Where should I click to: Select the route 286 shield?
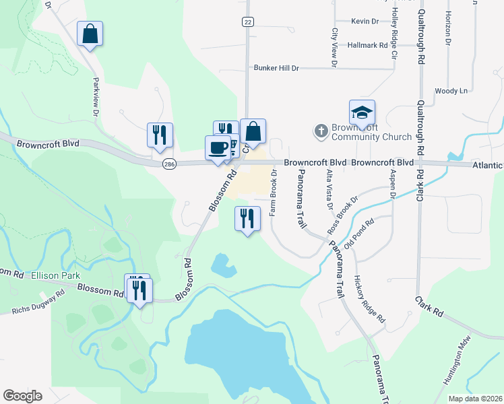168,163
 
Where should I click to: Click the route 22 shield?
248,22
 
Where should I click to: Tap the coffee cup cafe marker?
218,147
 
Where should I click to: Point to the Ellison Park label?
59,275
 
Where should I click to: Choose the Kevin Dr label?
365,22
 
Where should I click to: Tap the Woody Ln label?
451,91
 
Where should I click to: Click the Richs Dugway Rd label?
38,302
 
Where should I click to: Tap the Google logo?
22,396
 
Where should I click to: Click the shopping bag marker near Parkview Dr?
90,34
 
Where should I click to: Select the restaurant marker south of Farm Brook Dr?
247,218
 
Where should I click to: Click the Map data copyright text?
475,399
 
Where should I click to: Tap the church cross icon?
321,130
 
